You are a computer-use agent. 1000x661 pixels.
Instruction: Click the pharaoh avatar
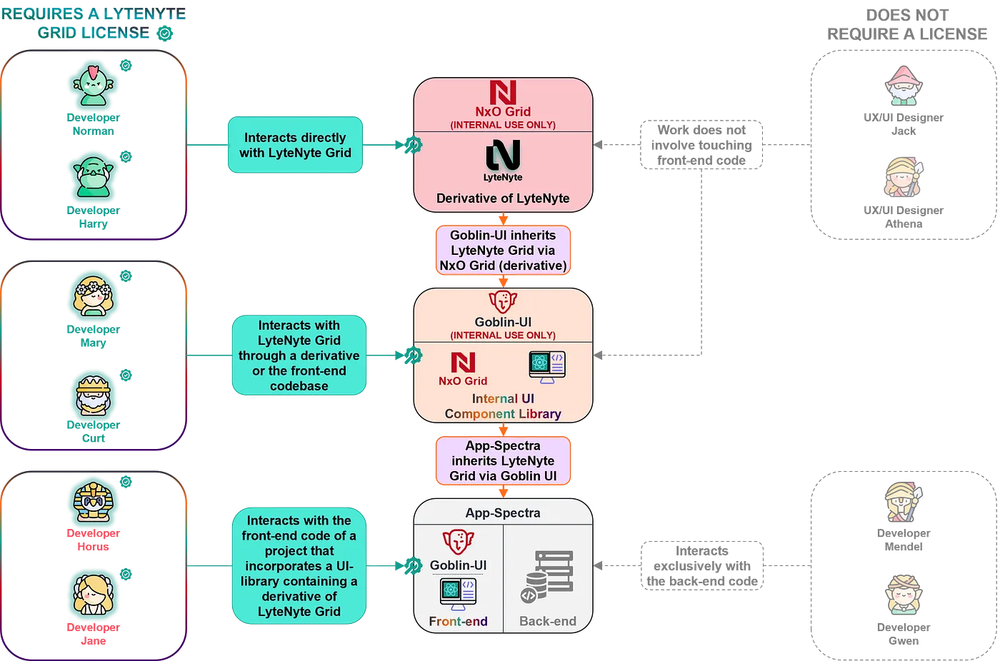94,503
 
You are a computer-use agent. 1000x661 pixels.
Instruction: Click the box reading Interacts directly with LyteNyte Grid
295,145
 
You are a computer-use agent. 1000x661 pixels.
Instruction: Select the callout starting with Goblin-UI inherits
503,251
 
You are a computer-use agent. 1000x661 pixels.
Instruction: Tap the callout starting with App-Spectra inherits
503,461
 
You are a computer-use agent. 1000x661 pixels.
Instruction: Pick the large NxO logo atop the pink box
503,93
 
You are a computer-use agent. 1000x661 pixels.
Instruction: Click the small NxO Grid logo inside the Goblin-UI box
463,363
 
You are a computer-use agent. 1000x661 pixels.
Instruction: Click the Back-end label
548,621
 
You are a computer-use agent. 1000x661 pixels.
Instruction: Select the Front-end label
458,621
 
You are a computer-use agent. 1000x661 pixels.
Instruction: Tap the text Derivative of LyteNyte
503,198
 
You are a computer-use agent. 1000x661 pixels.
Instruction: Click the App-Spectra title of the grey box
503,513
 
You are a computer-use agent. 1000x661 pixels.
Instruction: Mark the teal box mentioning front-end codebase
299,355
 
